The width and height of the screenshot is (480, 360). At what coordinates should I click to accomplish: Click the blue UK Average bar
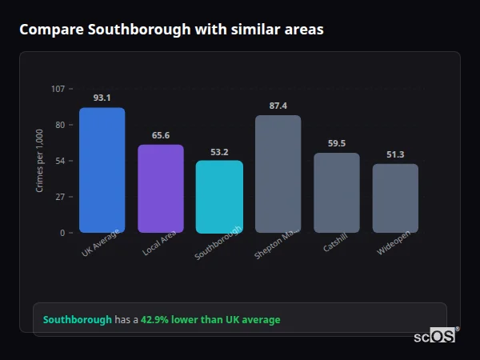(102, 170)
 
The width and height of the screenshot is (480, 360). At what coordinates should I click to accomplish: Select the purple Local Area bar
(161, 189)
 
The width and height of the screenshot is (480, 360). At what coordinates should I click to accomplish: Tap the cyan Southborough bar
(219, 197)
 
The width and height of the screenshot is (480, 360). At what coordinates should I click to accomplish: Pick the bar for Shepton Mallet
(278, 174)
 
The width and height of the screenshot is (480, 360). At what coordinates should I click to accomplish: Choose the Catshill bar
(337, 193)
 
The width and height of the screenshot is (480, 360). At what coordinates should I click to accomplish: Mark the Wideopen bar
(395, 198)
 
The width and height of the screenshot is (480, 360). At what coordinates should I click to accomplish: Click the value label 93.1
(102, 98)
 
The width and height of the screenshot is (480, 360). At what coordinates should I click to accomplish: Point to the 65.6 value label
(161, 135)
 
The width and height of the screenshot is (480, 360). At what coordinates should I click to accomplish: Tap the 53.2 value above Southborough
(219, 152)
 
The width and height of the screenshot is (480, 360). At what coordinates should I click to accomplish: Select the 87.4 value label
(278, 106)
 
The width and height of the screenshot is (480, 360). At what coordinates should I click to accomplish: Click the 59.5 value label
(337, 143)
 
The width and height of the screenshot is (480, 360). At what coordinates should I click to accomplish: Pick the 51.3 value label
(395, 154)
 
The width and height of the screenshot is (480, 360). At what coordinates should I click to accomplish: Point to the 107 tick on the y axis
(58, 89)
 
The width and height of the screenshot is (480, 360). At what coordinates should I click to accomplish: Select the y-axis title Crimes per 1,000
(40, 161)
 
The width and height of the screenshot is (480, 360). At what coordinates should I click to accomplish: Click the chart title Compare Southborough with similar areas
(171, 30)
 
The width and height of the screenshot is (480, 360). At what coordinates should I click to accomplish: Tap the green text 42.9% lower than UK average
(210, 320)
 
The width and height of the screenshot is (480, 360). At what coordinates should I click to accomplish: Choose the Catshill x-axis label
(334, 245)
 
